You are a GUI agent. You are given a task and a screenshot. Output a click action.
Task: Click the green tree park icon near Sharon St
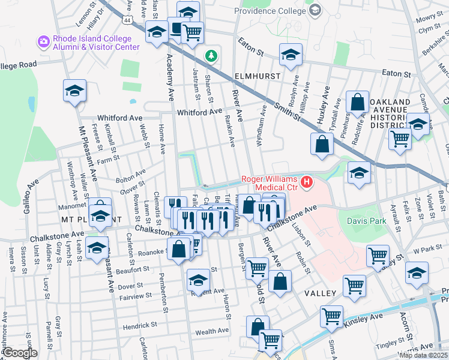211,56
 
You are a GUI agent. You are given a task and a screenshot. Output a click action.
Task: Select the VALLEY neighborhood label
319,293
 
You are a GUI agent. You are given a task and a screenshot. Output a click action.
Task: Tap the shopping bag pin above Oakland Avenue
358,103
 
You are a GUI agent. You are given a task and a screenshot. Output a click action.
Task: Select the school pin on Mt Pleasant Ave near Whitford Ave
74,92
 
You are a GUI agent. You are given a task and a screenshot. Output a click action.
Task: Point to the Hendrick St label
140,325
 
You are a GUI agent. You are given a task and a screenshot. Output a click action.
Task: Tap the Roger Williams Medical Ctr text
270,179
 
